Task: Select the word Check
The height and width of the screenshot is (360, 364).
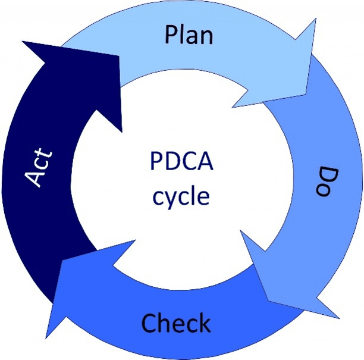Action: [x=175, y=323]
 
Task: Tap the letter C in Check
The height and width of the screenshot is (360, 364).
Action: [x=149, y=323]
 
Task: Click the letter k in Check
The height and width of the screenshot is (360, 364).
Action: [x=204, y=323]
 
